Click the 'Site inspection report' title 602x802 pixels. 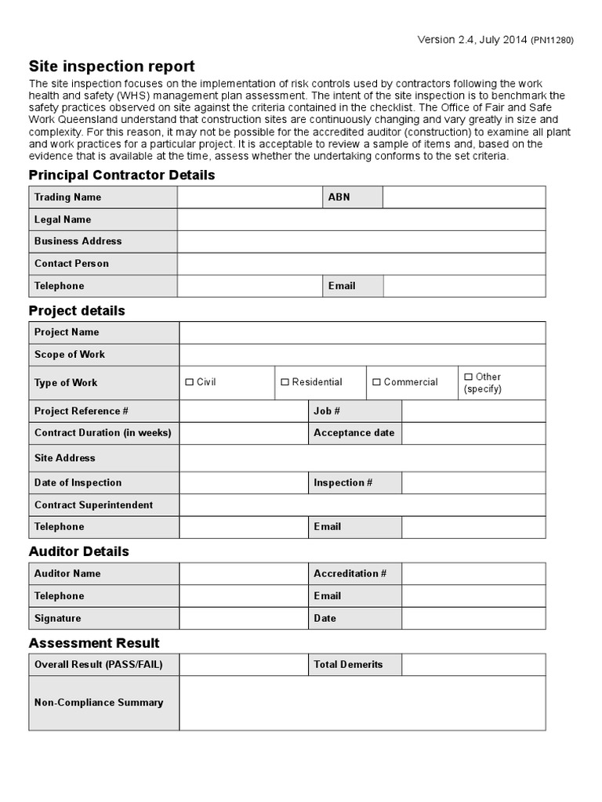pos(112,67)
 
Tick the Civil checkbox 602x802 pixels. pos(190,382)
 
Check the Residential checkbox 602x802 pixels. pos(285,382)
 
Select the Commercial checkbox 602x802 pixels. pos(377,382)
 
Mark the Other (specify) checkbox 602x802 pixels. pos(469,377)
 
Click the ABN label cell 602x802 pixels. pos(339,197)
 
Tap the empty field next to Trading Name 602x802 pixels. pos(250,197)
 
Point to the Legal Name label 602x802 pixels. pos(63,219)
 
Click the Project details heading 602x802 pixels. pos(77,311)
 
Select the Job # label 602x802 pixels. pos(327,411)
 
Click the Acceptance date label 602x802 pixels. pos(354,433)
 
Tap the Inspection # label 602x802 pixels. pos(343,482)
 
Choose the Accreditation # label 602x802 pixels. pos(350,573)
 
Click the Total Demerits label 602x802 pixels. pos(348,664)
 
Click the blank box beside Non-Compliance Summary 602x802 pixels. pos(362,703)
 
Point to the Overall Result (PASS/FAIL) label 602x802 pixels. pos(98,664)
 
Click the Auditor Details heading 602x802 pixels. pos(79,551)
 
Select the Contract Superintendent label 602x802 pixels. pos(93,505)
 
